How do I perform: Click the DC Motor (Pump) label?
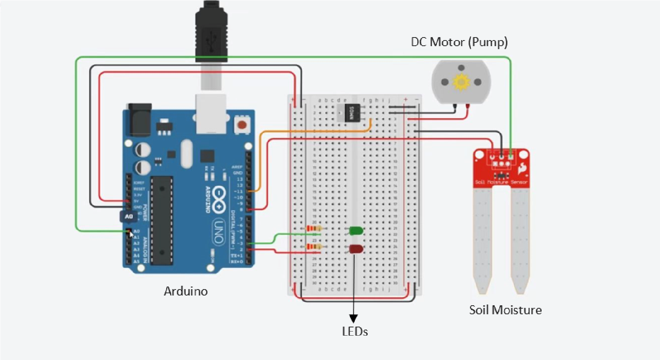tap(459, 42)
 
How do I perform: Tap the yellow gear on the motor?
tap(461, 82)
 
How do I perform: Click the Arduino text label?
tap(186, 291)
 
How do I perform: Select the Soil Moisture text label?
tap(505, 310)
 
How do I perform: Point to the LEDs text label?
tap(355, 331)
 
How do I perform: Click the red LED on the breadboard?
tap(356, 249)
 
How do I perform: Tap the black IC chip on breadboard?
tap(352, 113)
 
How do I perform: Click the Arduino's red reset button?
tap(242, 125)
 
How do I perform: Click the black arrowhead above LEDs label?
tap(353, 318)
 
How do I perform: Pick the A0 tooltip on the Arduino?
tap(129, 216)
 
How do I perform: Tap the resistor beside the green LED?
tap(314, 228)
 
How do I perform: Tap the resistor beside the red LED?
tap(314, 246)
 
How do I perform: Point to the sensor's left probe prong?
tap(483, 240)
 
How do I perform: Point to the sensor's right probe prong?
tap(520, 240)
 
